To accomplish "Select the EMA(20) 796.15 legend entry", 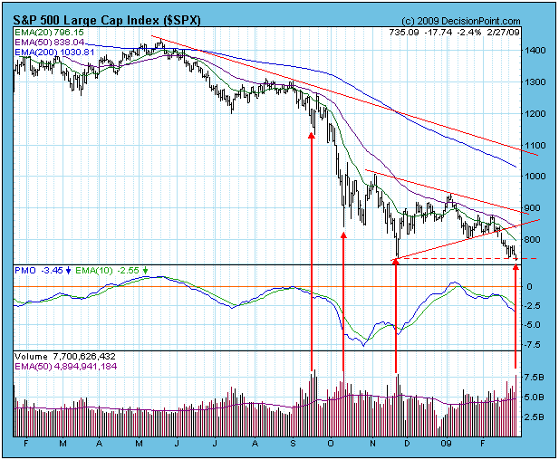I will pos(52,32).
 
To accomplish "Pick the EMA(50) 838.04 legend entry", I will pos(52,43).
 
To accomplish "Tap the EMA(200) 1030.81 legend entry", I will pos(56,53).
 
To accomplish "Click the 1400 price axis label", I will pos(536,51).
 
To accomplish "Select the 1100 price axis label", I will pos(536,145).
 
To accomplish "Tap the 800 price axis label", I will pos(535,240).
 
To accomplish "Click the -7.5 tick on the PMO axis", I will pos(535,344).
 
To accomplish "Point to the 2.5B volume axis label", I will pos(535,417).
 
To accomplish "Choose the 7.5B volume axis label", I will pos(535,378).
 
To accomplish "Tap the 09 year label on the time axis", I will pos(448,445).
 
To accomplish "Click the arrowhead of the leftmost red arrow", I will pos(312,136).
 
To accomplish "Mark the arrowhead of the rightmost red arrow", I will pos(517,263).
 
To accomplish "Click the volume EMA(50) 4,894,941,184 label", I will pos(65,368).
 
